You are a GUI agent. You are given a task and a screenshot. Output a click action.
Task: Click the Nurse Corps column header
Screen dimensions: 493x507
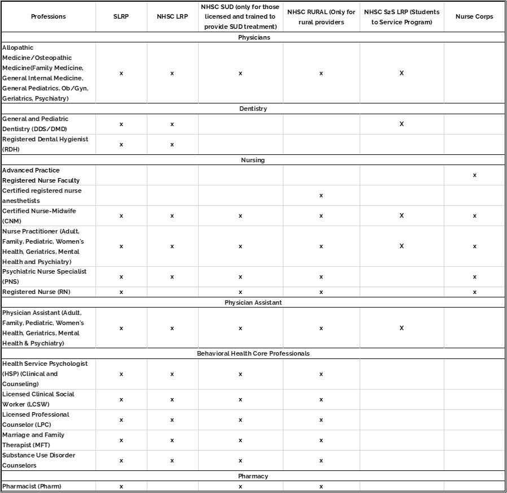[x=474, y=16]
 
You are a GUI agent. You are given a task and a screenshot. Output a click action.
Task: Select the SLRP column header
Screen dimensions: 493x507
[x=121, y=16]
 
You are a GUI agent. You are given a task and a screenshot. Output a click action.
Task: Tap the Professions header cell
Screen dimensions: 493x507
[x=48, y=16]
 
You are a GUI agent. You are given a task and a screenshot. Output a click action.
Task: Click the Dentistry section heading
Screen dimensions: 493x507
[x=253, y=109]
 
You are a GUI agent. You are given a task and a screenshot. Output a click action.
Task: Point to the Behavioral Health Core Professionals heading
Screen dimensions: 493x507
[x=253, y=353]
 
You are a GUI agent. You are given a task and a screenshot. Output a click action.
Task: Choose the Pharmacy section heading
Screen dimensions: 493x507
[x=253, y=476]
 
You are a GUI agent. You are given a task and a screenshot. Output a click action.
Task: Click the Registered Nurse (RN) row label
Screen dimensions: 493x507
[x=37, y=292]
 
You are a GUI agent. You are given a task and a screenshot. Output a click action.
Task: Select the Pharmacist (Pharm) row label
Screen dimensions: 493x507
[x=32, y=486]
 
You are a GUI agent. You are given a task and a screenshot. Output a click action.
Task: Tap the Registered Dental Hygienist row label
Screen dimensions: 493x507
[x=45, y=144]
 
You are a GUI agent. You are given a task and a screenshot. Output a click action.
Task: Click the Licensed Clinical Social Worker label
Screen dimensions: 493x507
[x=38, y=399]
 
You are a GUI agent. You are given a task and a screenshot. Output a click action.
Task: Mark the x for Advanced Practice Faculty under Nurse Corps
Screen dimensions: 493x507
[x=474, y=175]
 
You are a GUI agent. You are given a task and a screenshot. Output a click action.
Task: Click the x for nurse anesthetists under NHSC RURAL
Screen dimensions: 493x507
[x=321, y=196]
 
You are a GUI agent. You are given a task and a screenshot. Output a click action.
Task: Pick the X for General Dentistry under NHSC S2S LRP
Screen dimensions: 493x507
[x=401, y=124]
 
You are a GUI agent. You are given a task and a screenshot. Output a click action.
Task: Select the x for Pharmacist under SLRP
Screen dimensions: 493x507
[x=121, y=486]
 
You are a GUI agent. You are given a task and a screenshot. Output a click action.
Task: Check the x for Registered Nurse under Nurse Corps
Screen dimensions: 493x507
[x=474, y=292]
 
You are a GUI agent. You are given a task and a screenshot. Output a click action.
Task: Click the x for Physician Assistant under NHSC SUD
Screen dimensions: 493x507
[x=240, y=328]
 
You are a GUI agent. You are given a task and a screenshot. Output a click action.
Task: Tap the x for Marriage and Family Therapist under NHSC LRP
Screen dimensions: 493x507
[x=172, y=440]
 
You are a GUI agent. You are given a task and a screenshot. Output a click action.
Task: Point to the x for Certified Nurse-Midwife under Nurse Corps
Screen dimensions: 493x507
[x=474, y=216]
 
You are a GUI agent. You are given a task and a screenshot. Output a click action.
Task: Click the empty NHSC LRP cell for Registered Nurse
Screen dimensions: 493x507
[x=172, y=292]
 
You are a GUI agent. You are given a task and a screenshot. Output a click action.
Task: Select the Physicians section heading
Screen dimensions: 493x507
[x=253, y=37]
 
